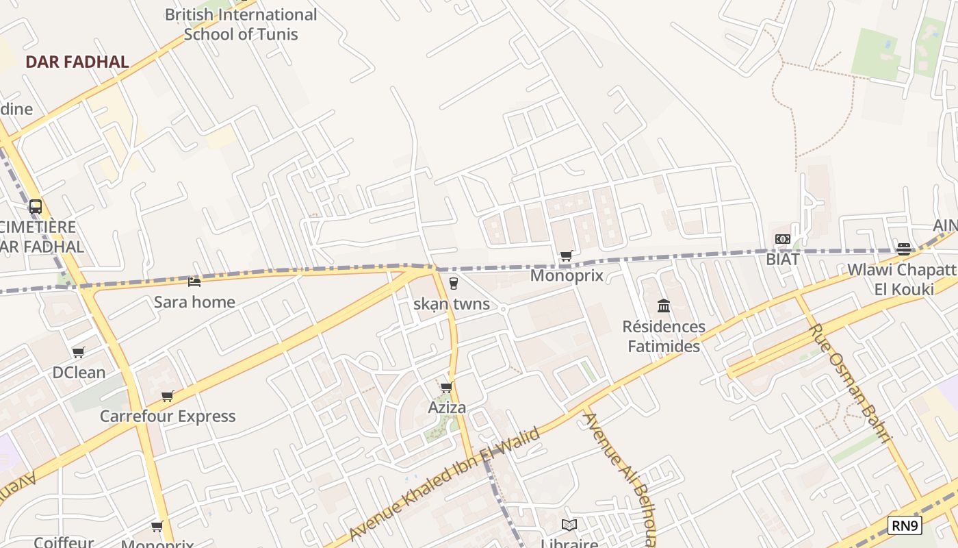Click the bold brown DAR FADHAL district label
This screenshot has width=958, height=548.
click(77, 62)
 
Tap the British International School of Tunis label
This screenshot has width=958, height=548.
click(241, 24)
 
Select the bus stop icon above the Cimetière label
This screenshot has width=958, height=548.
click(35, 206)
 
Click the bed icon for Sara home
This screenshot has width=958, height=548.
click(194, 282)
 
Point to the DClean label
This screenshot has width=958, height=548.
click(79, 373)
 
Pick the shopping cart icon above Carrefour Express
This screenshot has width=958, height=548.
click(167, 396)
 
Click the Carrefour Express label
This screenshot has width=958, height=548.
click(168, 416)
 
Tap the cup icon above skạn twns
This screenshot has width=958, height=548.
click(452, 283)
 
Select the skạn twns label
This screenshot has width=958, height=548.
click(452, 303)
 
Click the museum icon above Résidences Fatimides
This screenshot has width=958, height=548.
click(663, 306)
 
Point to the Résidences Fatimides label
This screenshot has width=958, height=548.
click(664, 336)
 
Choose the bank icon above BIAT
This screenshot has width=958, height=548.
click(783, 239)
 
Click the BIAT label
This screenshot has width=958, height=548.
click(783, 260)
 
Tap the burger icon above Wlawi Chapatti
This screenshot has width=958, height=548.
click(904, 249)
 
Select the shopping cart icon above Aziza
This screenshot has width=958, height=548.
click(447, 388)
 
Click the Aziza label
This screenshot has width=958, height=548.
click(447, 408)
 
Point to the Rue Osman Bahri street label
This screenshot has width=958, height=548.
click(851, 384)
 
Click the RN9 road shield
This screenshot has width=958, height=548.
click(905, 525)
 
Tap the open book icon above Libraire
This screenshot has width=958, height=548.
click(569, 525)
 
